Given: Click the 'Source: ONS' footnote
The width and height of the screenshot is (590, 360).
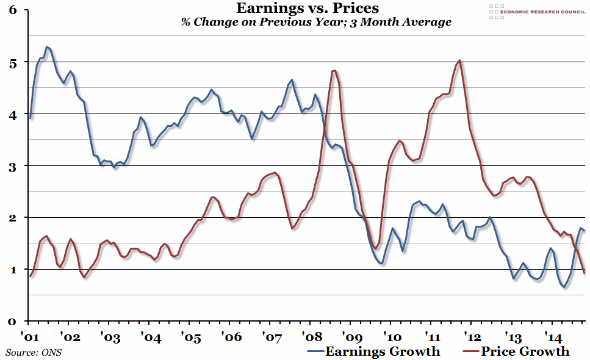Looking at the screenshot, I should coord(34,352).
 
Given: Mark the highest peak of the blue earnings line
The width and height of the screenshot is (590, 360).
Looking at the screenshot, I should coord(47,46).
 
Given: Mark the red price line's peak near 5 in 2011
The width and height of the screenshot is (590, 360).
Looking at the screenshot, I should coord(459,60).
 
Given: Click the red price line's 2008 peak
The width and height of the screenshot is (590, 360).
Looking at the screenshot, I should coord(334,71).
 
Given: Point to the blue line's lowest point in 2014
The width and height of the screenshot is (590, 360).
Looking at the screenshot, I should coord(564,287).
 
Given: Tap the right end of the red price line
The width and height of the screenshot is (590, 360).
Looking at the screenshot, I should coord(585,273).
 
